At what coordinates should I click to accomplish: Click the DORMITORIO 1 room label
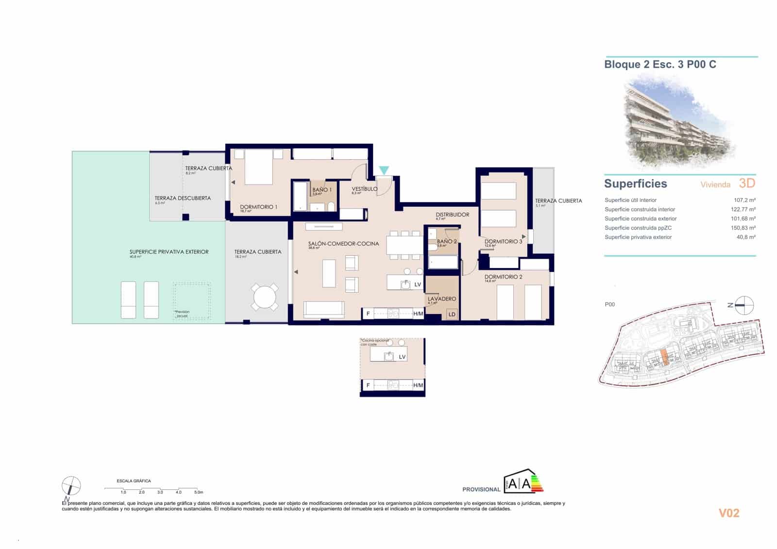(x=258, y=207)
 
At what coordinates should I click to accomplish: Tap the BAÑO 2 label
(x=446, y=241)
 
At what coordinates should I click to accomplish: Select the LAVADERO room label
(x=441, y=299)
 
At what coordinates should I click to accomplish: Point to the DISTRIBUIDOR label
(x=452, y=215)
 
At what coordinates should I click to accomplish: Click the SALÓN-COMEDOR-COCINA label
(x=343, y=244)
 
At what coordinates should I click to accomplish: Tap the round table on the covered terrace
(x=265, y=297)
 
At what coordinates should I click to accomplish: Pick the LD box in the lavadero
(x=452, y=315)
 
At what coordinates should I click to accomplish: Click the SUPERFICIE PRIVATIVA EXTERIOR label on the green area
(x=169, y=252)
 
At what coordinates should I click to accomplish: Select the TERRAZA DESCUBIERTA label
(x=183, y=198)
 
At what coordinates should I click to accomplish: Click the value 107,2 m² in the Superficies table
(x=744, y=200)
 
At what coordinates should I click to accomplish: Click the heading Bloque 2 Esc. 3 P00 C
(x=660, y=65)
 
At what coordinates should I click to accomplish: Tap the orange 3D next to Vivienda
(x=747, y=183)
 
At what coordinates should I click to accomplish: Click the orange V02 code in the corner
(x=729, y=513)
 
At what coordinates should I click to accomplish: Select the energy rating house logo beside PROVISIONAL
(x=524, y=482)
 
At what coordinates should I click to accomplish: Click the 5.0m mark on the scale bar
(x=198, y=492)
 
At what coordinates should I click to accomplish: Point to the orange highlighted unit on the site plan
(x=664, y=358)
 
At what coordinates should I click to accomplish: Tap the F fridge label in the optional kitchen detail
(x=368, y=385)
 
